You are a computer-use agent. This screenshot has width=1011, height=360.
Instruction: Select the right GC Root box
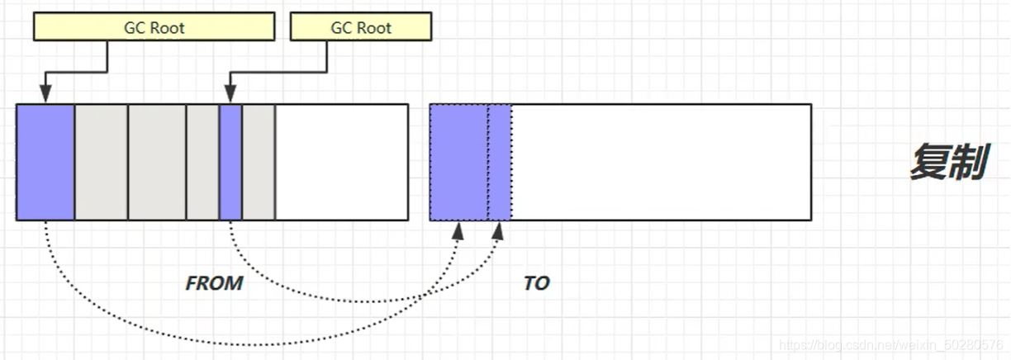[361, 28]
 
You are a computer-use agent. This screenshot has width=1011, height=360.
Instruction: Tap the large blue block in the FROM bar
[45, 162]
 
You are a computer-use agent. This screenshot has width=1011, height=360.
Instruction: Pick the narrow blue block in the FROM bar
[230, 162]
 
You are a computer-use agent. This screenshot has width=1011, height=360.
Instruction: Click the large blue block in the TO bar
[458, 162]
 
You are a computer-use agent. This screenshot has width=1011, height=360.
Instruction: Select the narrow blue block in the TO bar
[499, 162]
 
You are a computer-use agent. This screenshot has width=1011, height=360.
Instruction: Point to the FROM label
[214, 283]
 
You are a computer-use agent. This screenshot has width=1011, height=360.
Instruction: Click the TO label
[536, 283]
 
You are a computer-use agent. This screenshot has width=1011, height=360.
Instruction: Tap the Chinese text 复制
[948, 163]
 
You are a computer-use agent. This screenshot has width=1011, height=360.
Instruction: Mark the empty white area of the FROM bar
[341, 162]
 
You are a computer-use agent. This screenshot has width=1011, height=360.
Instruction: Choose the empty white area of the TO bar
[661, 162]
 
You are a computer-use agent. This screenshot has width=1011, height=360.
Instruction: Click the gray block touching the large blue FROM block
[102, 162]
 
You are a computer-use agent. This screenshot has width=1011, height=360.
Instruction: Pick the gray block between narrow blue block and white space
[258, 162]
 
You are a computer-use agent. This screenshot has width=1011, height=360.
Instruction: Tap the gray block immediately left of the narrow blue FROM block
[202, 162]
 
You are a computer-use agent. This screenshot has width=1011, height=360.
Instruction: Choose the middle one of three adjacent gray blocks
[157, 162]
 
